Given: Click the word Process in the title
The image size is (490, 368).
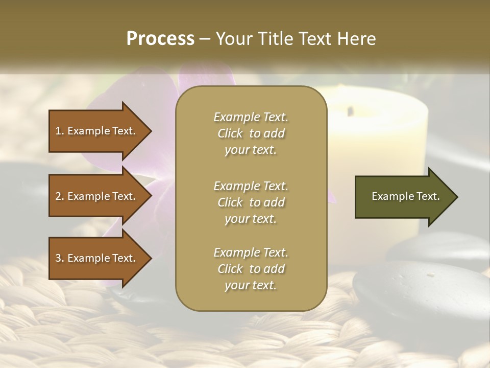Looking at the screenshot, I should (160, 38).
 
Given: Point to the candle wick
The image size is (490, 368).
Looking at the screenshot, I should (351, 110).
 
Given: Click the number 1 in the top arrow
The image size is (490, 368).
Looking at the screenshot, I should (58, 131).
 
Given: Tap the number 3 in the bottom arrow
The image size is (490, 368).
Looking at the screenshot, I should (58, 258).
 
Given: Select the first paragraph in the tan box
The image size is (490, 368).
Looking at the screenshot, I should (251, 133).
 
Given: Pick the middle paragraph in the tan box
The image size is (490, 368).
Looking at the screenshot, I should (251, 202).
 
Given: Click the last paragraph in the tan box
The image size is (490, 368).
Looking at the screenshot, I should (251, 269).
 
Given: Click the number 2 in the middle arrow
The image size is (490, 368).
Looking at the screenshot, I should (58, 196).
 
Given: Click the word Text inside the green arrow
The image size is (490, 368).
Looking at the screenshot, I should (429, 196).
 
